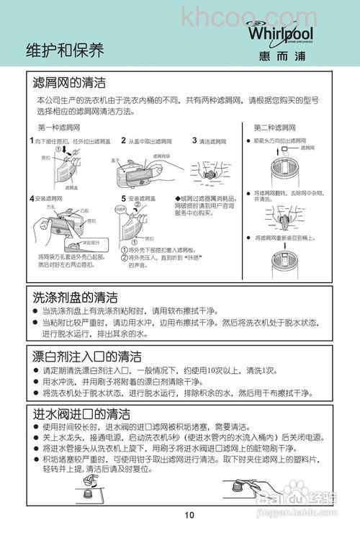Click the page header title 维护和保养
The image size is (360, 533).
click(x=65, y=50)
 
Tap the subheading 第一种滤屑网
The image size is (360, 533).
click(x=57, y=127)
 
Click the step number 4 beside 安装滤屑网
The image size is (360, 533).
click(x=32, y=197)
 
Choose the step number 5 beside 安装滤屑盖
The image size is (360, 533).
click(x=123, y=197)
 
